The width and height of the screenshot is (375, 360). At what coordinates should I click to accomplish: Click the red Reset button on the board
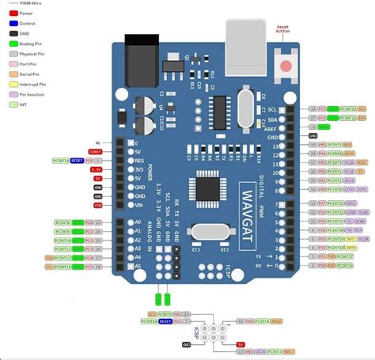pyautogui.click(x=285, y=66)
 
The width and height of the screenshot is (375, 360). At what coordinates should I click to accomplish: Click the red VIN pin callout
pyautogui.click(x=97, y=205)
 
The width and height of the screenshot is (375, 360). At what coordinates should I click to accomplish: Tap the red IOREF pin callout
pyautogui.click(x=96, y=151)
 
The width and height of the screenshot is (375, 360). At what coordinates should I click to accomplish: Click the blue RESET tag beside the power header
pyautogui.click(x=77, y=160)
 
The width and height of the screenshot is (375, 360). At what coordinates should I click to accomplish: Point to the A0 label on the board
pyautogui.click(x=138, y=222)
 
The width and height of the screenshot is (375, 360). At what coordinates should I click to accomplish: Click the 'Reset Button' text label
pyautogui.click(x=283, y=30)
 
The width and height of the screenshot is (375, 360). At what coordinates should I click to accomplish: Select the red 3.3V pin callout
pyautogui.click(x=96, y=169)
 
